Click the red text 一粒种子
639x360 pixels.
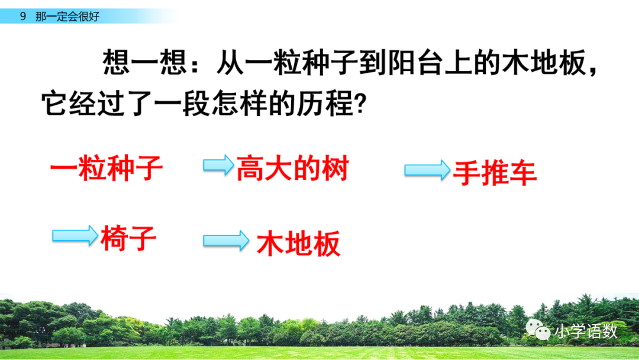click(106, 169)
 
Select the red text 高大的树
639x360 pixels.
click(292, 169)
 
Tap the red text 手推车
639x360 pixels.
click(495, 173)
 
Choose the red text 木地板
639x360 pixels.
click(299, 243)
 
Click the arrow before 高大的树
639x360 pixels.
click(218, 165)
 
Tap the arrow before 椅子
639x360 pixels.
click(75, 236)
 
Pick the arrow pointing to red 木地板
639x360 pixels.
click(226, 240)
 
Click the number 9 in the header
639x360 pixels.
click(22, 17)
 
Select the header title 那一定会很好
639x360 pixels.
click(67, 17)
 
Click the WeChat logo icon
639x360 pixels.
click(538, 330)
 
